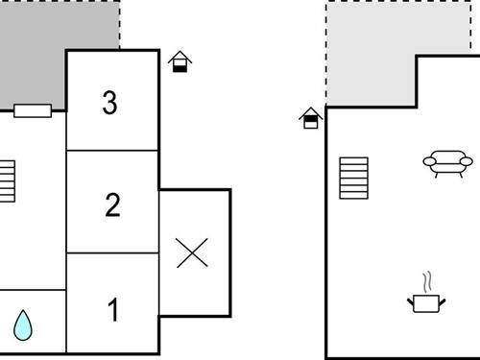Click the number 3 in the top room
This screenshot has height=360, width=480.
[x=109, y=103]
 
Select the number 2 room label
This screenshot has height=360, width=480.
[x=112, y=204]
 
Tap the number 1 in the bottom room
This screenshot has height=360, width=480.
[x=113, y=311]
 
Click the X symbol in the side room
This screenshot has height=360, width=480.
[x=193, y=253]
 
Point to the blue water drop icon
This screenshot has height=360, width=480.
[x=23, y=326]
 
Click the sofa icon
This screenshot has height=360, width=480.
[x=447, y=163]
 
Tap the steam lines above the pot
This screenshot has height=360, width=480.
[x=428, y=281]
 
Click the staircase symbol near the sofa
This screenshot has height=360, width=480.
[x=353, y=179]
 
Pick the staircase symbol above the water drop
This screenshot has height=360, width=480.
[x=8, y=181]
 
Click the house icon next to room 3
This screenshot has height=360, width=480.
[x=180, y=63]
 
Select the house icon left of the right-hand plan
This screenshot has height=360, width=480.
[x=310, y=118]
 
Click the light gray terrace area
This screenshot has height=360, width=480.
[x=370, y=53]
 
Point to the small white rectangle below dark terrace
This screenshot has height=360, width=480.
[x=33, y=110]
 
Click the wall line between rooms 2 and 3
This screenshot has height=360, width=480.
[x=112, y=151]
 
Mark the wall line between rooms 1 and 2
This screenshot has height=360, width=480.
[x=112, y=253]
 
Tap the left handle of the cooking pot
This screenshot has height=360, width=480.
[x=411, y=300]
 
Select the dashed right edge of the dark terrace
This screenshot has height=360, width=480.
[x=120, y=24]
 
